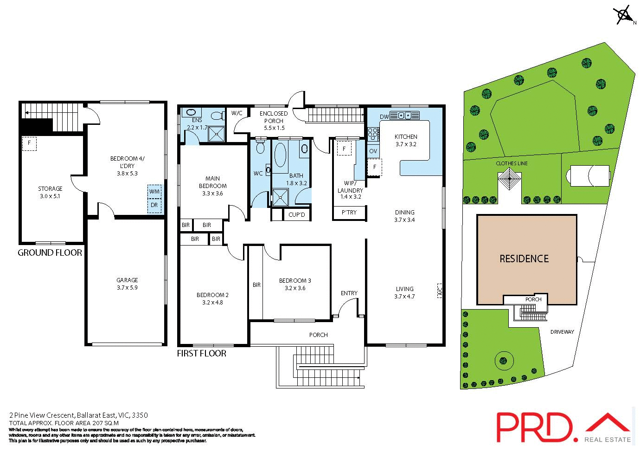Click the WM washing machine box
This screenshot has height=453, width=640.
pyautogui.click(x=154, y=191)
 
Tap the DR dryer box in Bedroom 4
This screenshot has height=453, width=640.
pyautogui.click(x=154, y=205)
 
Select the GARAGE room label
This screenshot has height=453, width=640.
pyautogui.click(x=127, y=280)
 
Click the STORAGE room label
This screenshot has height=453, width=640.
pyautogui.click(x=50, y=189)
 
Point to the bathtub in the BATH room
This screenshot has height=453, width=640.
pyautogui.click(x=281, y=155)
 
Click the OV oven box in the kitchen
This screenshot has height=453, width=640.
pyautogui.click(x=373, y=151)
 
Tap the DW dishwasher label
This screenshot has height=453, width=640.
pyautogui.click(x=384, y=116)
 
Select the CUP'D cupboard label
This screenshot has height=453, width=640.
pyautogui.click(x=297, y=215)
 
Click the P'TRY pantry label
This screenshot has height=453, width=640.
pyautogui.click(x=349, y=212)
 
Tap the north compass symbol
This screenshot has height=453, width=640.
pyautogui.click(x=624, y=15)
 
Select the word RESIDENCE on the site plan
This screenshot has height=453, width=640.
pyautogui.click(x=524, y=259)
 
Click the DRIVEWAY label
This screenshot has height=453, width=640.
pyautogui.click(x=562, y=332)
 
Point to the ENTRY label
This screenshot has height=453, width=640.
pyautogui.click(x=349, y=293)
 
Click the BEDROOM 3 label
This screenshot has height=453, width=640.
pyautogui.click(x=295, y=281)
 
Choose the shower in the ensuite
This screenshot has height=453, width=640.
pyautogui.click(x=216, y=134)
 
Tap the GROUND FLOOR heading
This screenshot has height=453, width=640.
pyautogui.click(x=50, y=253)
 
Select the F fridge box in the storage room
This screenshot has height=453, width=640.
pyautogui.click(x=29, y=143)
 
